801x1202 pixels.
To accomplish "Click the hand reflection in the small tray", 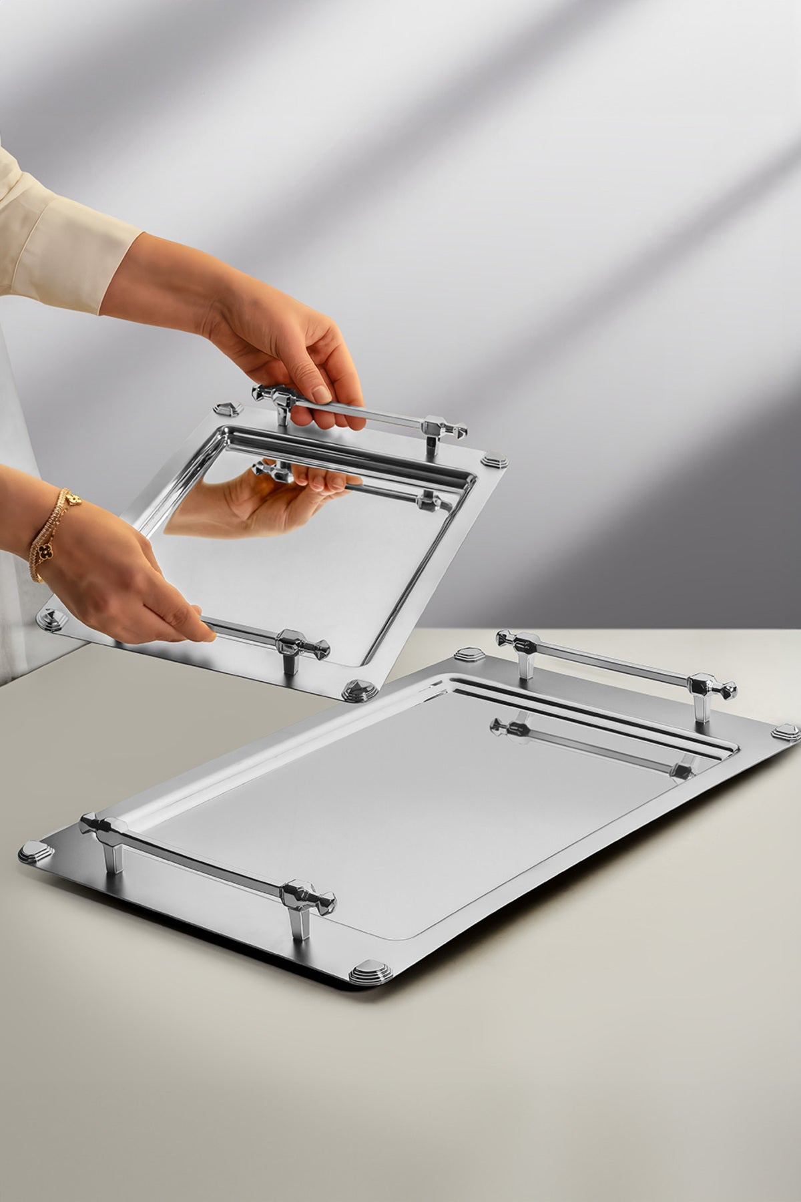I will pyautogui.click(x=267, y=501).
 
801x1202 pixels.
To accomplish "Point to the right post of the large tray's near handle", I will pyautogui.click(x=297, y=922).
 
